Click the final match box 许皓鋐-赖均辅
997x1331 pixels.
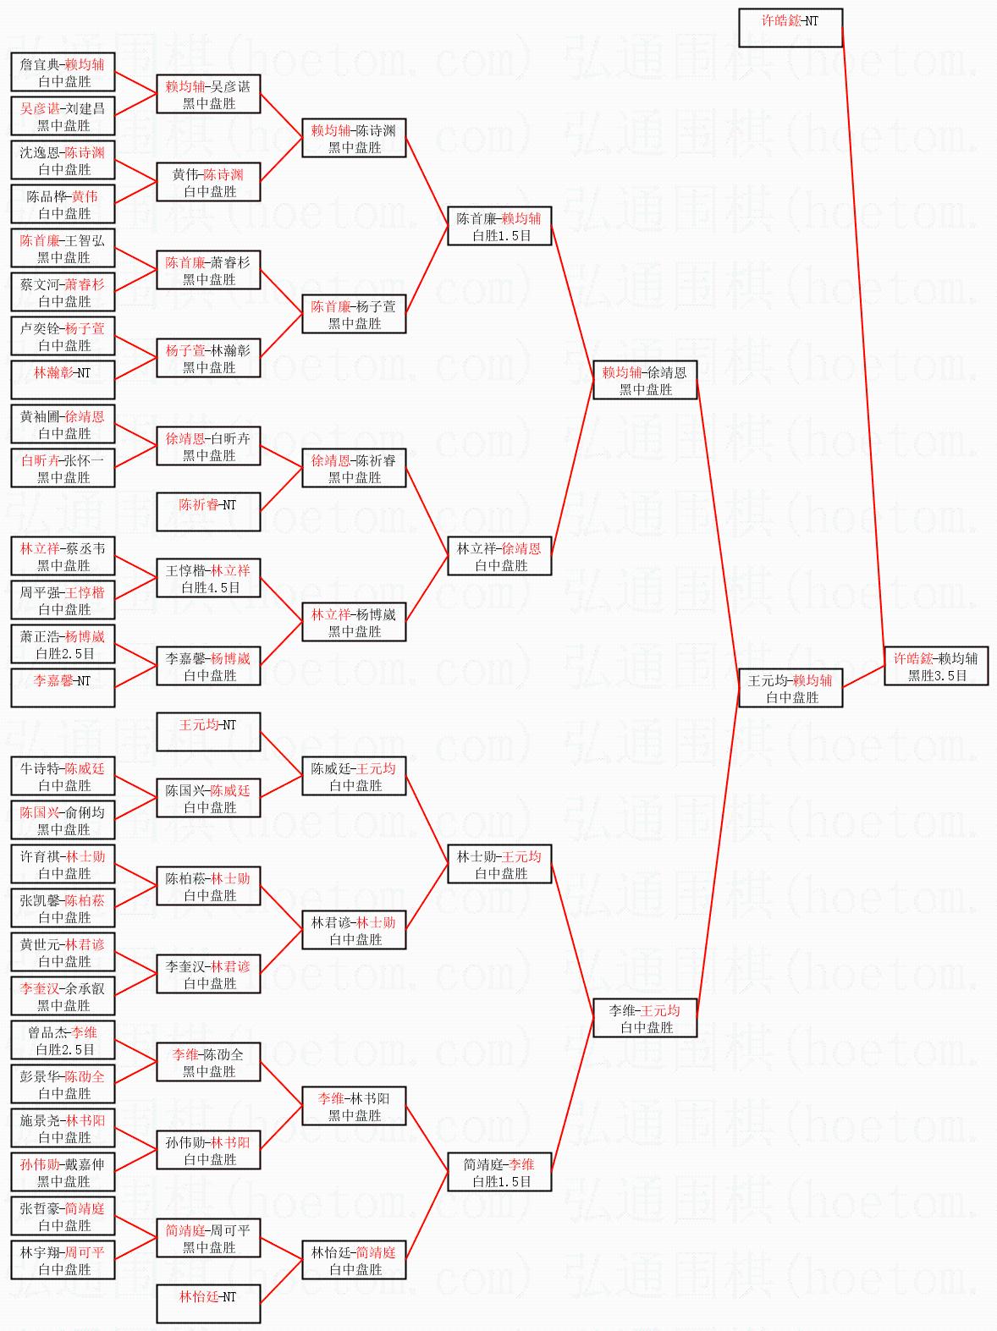click(936, 666)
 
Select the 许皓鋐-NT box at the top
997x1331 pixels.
click(790, 28)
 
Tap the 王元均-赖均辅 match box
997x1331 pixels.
click(790, 688)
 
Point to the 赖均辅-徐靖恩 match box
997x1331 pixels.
click(645, 380)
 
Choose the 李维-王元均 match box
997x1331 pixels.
click(645, 1018)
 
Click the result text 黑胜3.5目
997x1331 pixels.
click(937, 675)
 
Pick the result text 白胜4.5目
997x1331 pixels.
click(210, 587)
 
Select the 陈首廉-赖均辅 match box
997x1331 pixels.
click(499, 226)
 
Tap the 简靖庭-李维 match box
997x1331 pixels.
click(499, 1172)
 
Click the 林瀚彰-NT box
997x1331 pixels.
click(63, 380)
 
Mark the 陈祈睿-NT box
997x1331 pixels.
click(208, 512)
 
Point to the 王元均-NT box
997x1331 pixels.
click(208, 732)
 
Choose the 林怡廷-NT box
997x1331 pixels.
click(208, 1304)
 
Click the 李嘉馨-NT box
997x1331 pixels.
click(63, 688)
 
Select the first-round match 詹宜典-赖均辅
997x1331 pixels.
click(63, 72)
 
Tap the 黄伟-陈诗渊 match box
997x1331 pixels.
click(208, 182)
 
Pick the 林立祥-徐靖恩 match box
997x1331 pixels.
click(499, 556)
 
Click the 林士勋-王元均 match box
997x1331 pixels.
click(499, 864)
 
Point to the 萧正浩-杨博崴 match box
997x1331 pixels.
click(63, 644)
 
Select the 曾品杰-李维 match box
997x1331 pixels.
click(63, 1040)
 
